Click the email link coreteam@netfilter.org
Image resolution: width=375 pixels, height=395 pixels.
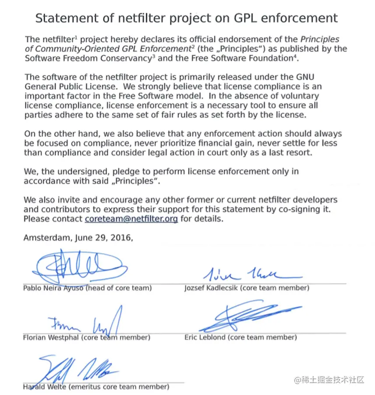click(x=131, y=219)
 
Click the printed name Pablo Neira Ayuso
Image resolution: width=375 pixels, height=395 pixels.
click(x=53, y=288)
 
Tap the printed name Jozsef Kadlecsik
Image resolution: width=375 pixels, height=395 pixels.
click(x=213, y=288)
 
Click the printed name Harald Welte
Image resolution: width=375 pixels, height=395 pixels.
click(x=43, y=387)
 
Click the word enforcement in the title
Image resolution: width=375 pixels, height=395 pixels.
click(x=308, y=18)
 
